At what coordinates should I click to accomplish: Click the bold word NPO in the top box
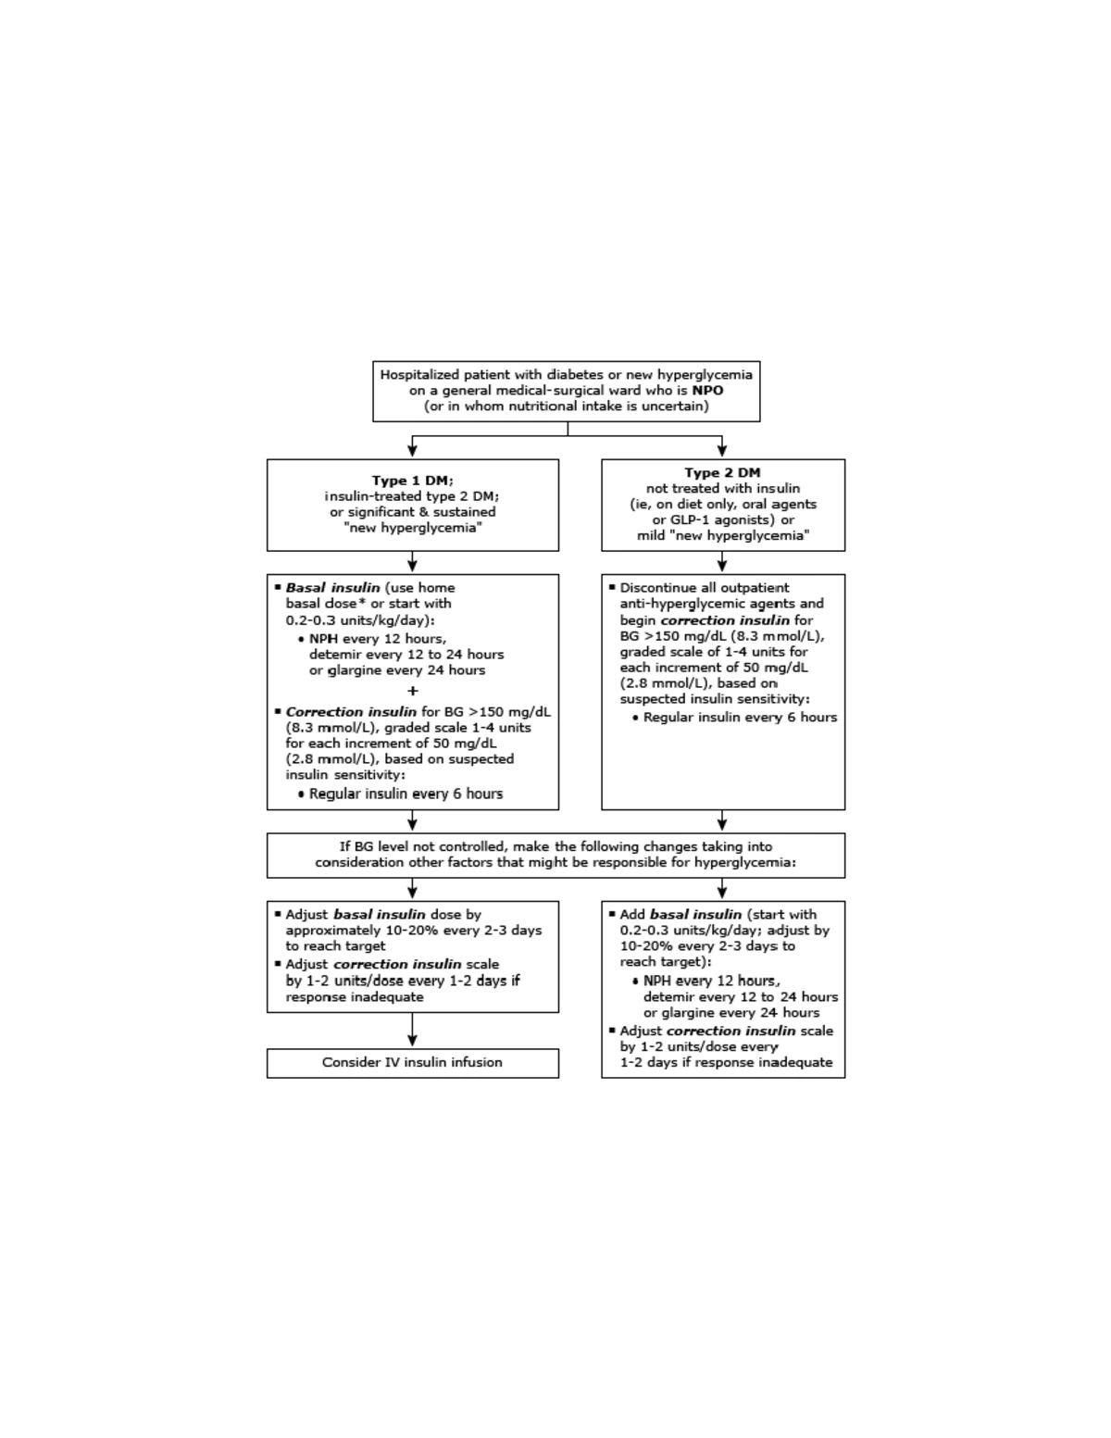(x=707, y=391)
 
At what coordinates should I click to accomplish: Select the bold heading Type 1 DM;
(x=412, y=481)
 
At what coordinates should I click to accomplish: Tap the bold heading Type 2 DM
(x=722, y=473)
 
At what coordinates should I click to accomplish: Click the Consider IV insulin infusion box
(x=412, y=1063)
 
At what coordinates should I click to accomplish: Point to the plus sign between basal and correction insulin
(x=412, y=691)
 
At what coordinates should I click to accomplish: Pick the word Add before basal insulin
(x=632, y=915)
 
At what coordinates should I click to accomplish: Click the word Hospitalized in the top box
(x=420, y=375)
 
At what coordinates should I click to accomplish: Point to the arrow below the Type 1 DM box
(x=412, y=563)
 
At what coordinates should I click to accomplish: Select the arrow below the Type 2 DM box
(x=722, y=563)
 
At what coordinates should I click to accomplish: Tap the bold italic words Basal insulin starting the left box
(x=332, y=588)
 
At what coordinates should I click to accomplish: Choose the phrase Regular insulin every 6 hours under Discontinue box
(x=740, y=718)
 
